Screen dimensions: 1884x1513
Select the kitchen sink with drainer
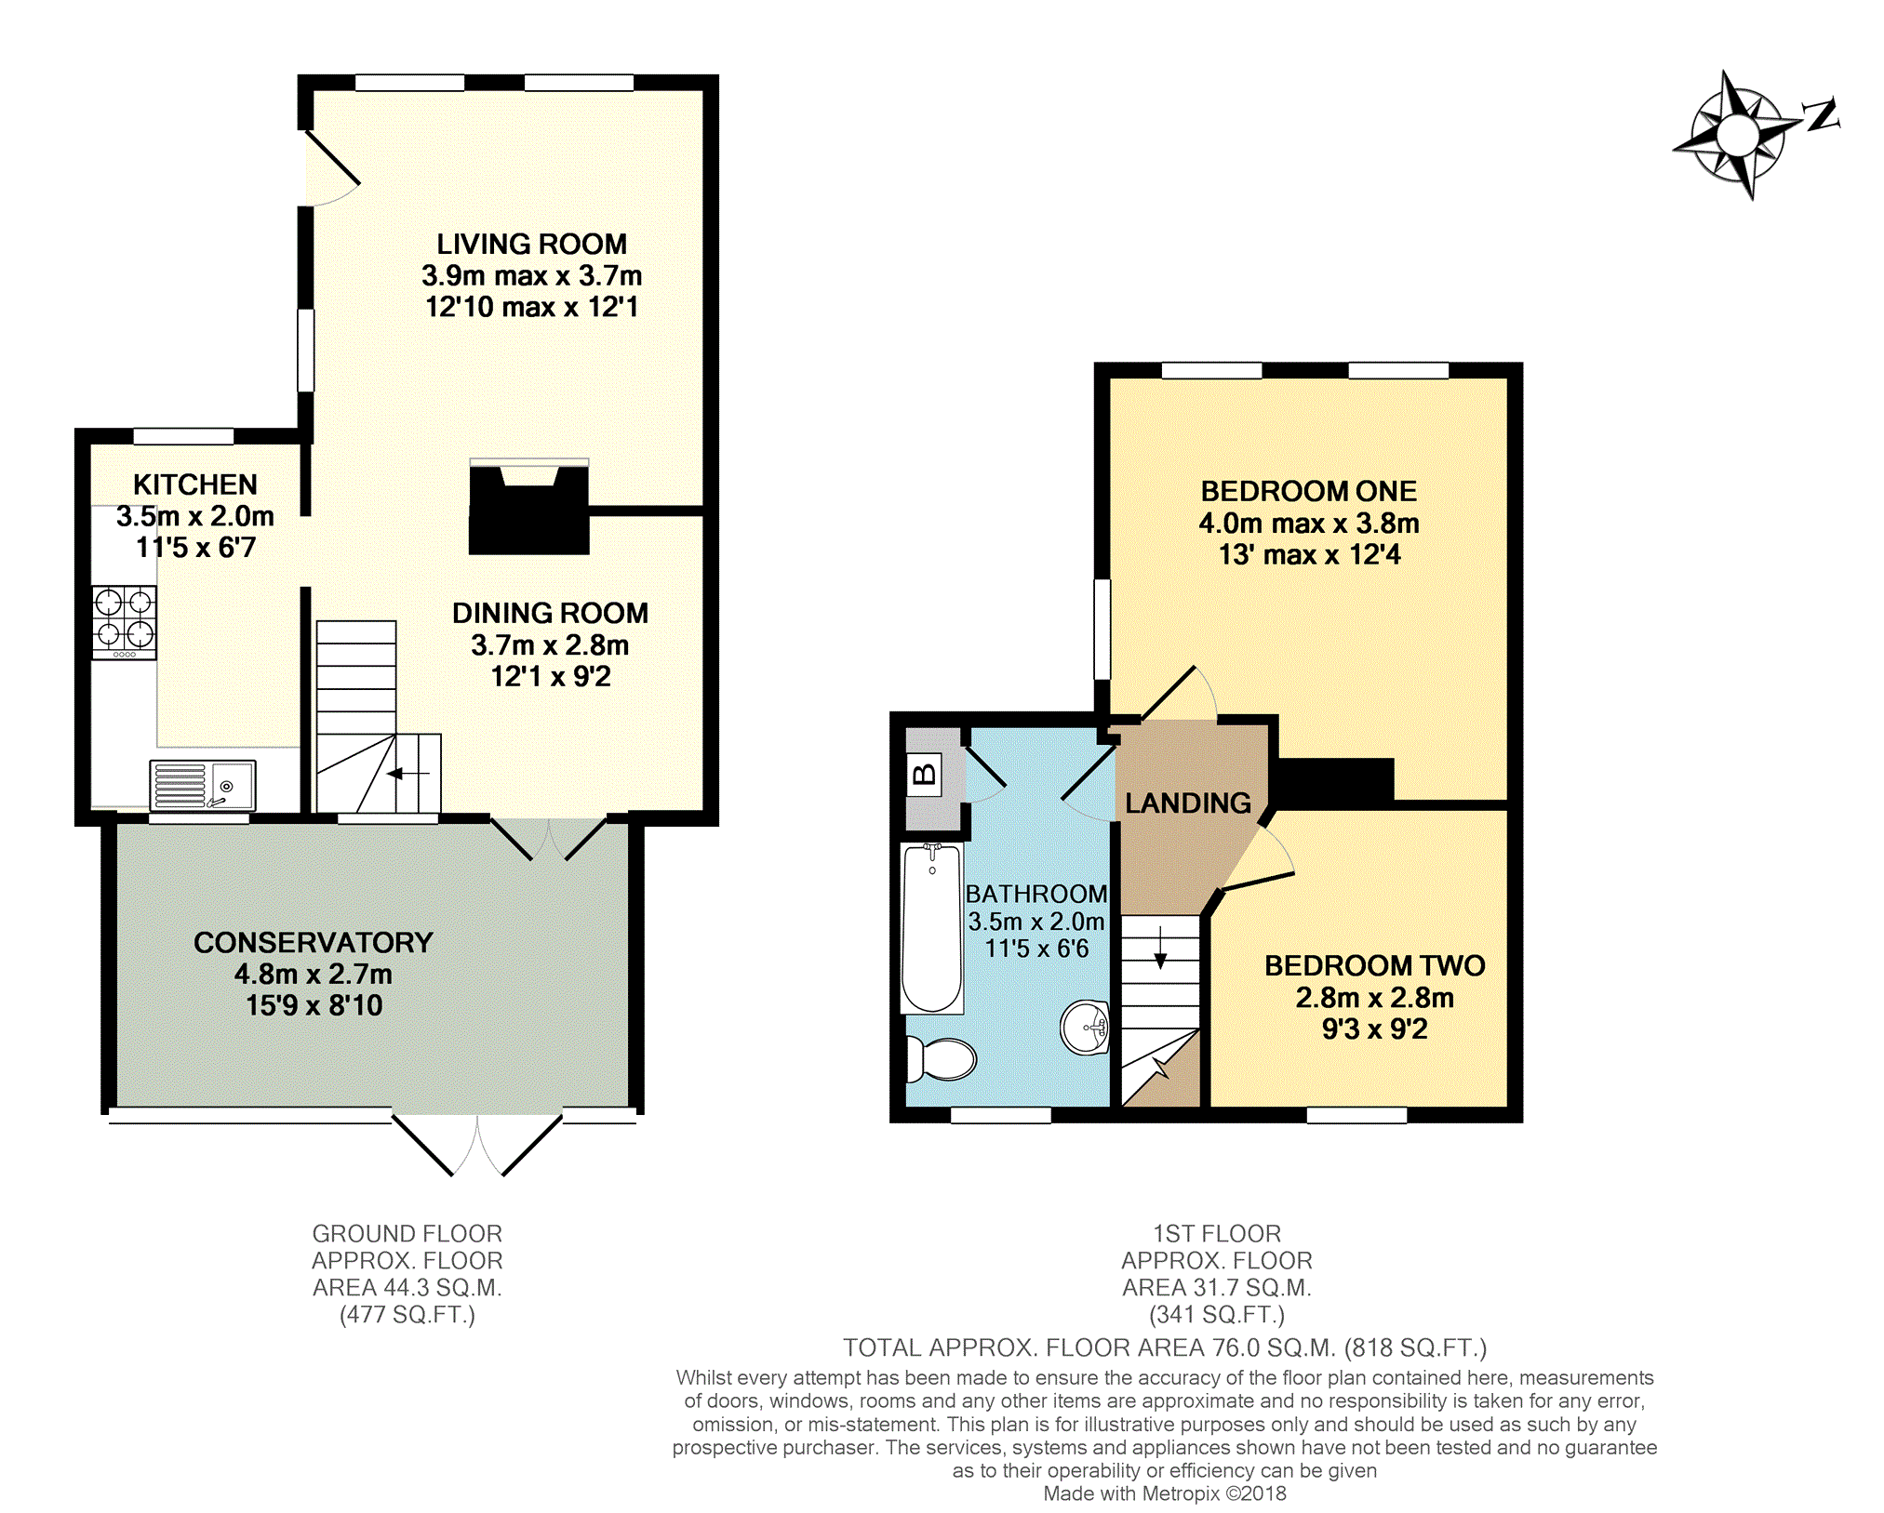click(x=202, y=786)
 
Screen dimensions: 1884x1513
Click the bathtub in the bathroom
click(x=931, y=928)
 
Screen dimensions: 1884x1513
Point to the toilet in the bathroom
click(x=941, y=1058)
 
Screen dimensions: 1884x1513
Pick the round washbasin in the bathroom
click(x=1085, y=1027)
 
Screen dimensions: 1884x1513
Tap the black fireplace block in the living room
click(x=528, y=510)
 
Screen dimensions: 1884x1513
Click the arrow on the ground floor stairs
click(x=408, y=773)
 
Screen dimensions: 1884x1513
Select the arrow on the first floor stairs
click(x=1160, y=948)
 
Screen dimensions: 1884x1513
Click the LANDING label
click(x=1188, y=803)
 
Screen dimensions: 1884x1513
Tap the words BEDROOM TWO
click(x=1374, y=965)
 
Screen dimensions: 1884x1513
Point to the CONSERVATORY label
click(x=314, y=942)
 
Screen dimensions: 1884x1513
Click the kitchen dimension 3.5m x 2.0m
click(x=195, y=516)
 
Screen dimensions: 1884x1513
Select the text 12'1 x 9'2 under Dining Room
click(x=551, y=676)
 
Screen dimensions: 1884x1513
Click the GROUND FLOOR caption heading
click(x=408, y=1233)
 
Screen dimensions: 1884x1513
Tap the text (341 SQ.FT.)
click(x=1217, y=1314)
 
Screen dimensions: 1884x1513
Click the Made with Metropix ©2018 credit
click(x=1165, y=1493)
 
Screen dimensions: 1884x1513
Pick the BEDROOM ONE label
click(x=1309, y=491)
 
